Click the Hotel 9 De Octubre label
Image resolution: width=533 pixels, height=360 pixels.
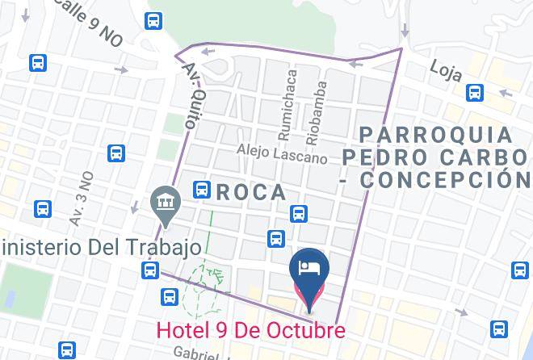click(x=250, y=330)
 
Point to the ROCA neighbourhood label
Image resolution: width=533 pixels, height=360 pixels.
click(x=251, y=192)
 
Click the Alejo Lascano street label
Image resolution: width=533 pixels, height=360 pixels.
click(x=282, y=153)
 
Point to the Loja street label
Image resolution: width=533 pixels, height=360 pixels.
click(x=446, y=70)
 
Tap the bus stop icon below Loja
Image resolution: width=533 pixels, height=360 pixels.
click(x=476, y=94)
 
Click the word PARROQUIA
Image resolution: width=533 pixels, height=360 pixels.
click(x=435, y=134)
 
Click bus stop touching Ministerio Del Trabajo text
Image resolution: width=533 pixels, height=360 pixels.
click(x=150, y=270)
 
